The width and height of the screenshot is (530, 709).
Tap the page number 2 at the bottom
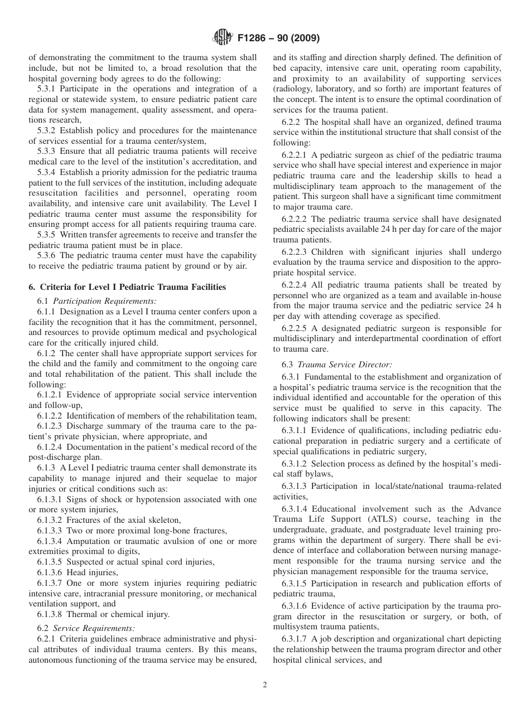265,685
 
